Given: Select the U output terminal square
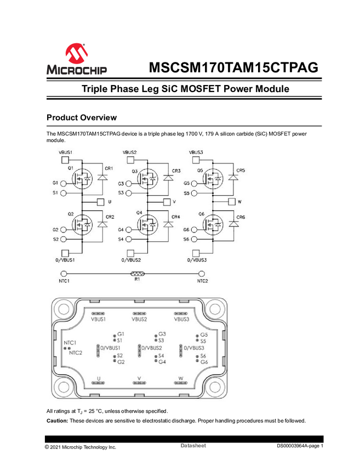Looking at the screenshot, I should (100, 202).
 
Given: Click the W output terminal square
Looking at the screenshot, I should (230, 202).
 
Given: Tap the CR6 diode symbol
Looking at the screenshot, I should (233, 224).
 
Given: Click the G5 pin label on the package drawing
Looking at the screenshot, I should (204, 334).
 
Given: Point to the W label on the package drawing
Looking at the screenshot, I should (180, 378).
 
